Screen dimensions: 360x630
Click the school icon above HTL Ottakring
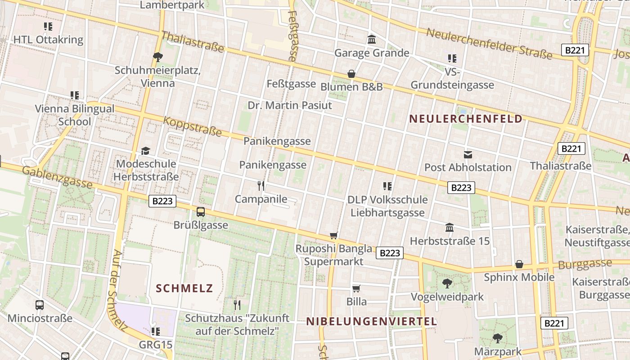click(x=48, y=27)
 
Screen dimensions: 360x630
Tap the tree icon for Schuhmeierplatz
click(x=157, y=57)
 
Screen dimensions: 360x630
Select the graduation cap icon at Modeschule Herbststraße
click(x=145, y=151)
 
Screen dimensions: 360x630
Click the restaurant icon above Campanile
click(x=261, y=185)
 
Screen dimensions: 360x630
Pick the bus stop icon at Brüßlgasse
click(x=201, y=211)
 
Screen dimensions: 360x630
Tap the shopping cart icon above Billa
click(x=356, y=288)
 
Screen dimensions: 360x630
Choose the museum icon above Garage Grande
click(x=372, y=40)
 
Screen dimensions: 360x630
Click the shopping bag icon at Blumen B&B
click(x=351, y=74)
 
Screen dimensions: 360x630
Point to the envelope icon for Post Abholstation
click(x=468, y=154)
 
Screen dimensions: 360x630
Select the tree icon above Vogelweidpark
click(x=447, y=283)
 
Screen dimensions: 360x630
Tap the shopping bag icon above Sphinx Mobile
click(x=519, y=264)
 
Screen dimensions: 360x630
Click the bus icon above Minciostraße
click(x=40, y=305)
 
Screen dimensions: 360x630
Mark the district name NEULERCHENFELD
click(x=466, y=119)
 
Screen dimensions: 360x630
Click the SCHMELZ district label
click(x=184, y=288)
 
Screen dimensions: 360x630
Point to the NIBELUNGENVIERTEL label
click(x=372, y=321)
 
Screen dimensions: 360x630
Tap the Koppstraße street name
click(x=193, y=127)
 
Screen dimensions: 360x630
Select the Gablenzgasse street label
click(x=57, y=177)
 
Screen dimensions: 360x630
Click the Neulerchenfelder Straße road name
click(x=489, y=44)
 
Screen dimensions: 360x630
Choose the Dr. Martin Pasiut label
click(x=290, y=105)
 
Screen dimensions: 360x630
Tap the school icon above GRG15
click(x=156, y=332)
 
